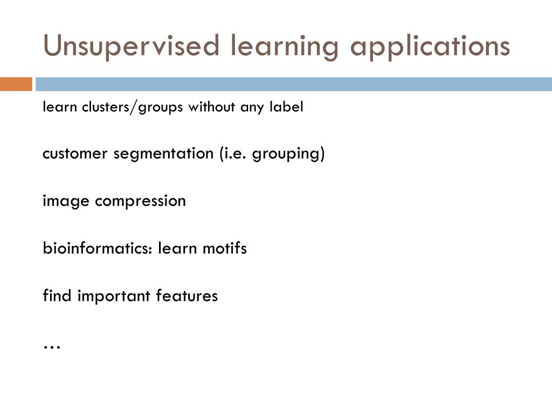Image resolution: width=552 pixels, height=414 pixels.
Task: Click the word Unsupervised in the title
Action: click(x=132, y=46)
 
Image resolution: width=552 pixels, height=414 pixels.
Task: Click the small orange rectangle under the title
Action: click(x=16, y=84)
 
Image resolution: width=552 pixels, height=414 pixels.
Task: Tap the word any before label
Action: click(x=252, y=107)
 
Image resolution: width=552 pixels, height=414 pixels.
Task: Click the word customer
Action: click(x=75, y=154)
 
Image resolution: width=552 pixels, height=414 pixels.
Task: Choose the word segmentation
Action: click(x=163, y=154)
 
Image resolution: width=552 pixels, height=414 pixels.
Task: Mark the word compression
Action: click(x=141, y=202)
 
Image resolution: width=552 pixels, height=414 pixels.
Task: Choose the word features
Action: click(x=187, y=296)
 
